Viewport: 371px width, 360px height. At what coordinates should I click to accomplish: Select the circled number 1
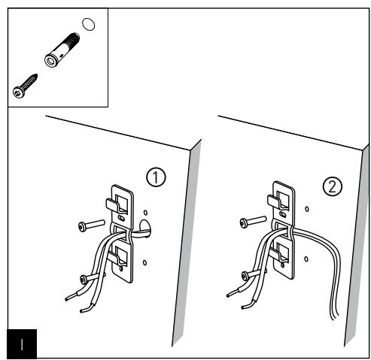click(x=156, y=178)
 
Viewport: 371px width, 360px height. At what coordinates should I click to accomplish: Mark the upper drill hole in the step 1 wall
click(x=144, y=211)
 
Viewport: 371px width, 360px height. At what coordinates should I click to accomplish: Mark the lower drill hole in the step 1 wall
click(x=144, y=263)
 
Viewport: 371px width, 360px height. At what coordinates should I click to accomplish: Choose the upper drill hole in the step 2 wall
click(x=306, y=207)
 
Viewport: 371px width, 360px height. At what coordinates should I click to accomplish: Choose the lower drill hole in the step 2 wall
click(x=306, y=259)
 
